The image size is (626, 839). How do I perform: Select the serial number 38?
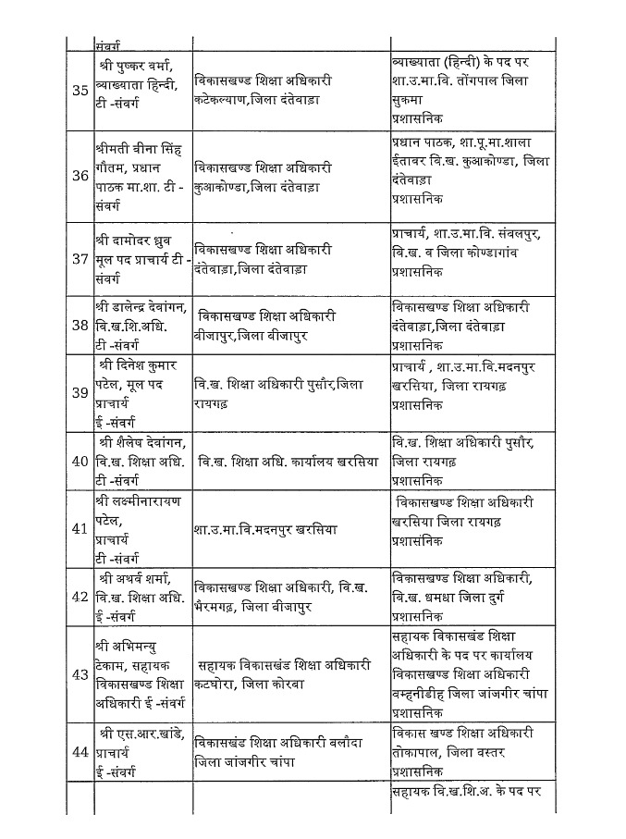click(x=80, y=326)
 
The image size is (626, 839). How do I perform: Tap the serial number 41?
click(x=80, y=530)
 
